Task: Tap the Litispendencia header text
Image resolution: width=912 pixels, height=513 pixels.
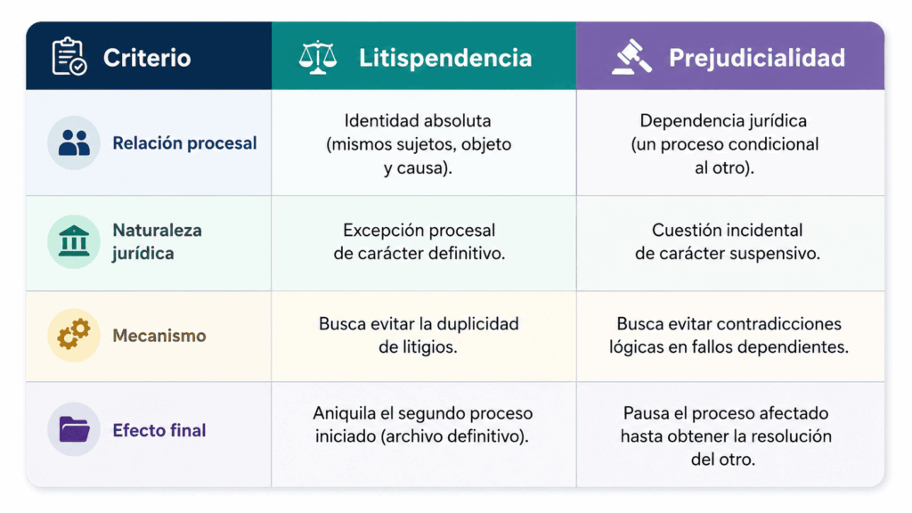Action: tap(445, 58)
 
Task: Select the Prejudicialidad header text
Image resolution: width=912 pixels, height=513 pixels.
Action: tap(757, 58)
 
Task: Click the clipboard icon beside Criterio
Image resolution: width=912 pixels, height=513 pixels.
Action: tap(69, 56)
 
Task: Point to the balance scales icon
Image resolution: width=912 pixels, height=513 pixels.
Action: tap(318, 58)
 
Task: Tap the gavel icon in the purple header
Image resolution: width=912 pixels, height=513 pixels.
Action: tap(631, 57)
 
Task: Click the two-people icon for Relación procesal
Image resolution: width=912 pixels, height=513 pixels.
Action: tap(74, 143)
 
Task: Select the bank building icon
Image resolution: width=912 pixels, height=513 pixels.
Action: tap(74, 241)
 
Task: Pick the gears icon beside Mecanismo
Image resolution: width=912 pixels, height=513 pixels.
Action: tap(74, 336)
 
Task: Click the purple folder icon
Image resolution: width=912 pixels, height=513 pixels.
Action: tap(74, 429)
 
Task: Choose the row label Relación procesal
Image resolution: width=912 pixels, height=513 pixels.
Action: tap(184, 143)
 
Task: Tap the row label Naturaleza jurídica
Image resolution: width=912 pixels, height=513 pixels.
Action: tap(157, 241)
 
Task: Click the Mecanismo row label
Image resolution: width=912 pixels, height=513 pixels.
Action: tap(159, 336)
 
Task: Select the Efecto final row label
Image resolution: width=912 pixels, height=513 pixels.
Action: tap(159, 430)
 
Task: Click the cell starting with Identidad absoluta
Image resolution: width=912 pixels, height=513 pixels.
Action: tap(419, 144)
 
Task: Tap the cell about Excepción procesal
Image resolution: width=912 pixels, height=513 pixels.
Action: tap(419, 241)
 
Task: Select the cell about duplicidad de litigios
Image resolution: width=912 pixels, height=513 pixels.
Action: tap(419, 335)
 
